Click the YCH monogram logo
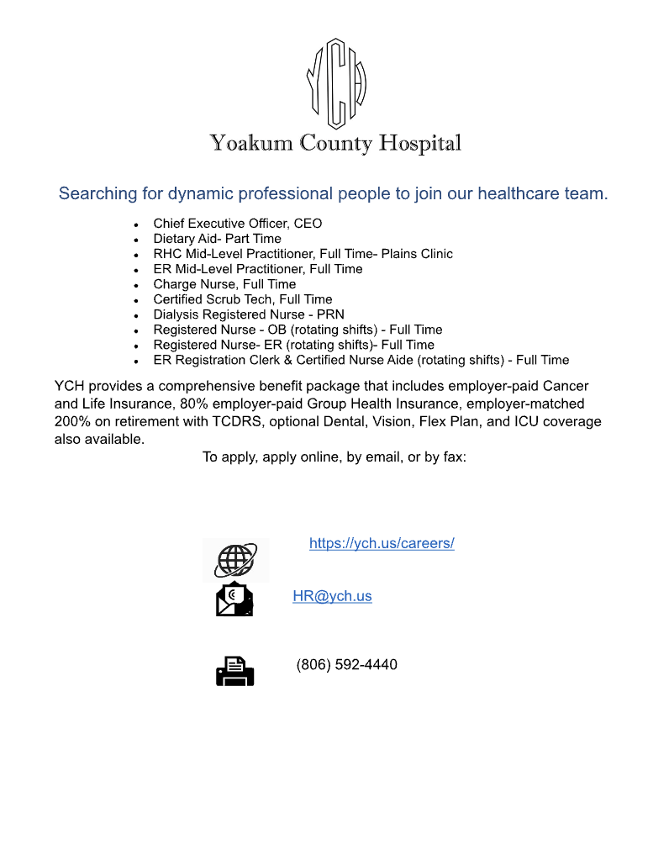[335, 82]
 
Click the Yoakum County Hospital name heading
[335, 143]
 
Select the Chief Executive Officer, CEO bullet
[237, 224]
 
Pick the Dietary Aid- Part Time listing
[217, 239]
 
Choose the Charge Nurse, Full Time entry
[224, 284]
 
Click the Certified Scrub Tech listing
[242, 299]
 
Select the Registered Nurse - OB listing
[298, 330]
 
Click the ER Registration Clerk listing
[361, 360]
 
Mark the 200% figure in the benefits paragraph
[71, 421]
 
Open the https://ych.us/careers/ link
[382, 543]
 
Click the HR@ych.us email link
[332, 596]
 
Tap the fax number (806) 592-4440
[346, 665]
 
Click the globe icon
[236, 560]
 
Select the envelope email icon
[235, 599]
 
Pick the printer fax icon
[235, 671]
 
